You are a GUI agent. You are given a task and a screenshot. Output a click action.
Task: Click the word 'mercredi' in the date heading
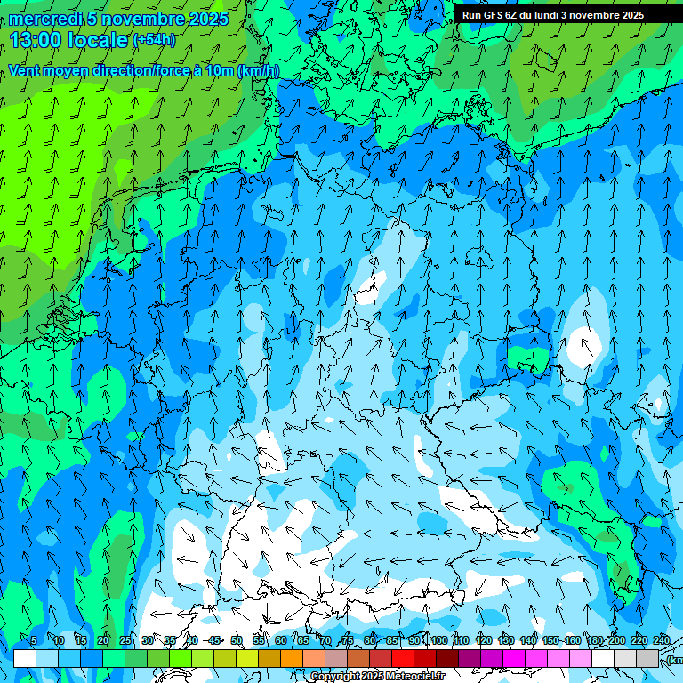click(45, 19)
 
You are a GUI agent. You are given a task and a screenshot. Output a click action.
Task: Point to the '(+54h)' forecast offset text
click(154, 40)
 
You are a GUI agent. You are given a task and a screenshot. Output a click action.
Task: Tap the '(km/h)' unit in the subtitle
click(258, 71)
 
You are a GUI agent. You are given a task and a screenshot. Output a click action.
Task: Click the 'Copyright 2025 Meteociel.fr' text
click(377, 677)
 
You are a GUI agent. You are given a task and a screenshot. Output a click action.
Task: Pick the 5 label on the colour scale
click(34, 640)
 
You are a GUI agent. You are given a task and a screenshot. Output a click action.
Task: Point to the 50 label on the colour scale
click(237, 640)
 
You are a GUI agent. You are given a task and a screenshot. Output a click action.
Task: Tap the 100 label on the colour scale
click(438, 640)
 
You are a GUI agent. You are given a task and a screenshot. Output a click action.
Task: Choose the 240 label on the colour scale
click(662, 640)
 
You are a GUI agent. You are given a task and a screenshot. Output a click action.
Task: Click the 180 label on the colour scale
click(594, 640)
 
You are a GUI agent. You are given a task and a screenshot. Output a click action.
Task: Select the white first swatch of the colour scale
click(25, 658)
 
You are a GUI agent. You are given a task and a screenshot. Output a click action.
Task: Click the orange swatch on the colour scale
click(292, 658)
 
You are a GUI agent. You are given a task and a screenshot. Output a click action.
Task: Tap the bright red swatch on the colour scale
click(403, 658)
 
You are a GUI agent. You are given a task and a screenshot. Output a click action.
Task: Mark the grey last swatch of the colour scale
click(647, 658)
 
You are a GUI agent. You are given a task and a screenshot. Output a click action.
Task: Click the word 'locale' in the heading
click(100, 40)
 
